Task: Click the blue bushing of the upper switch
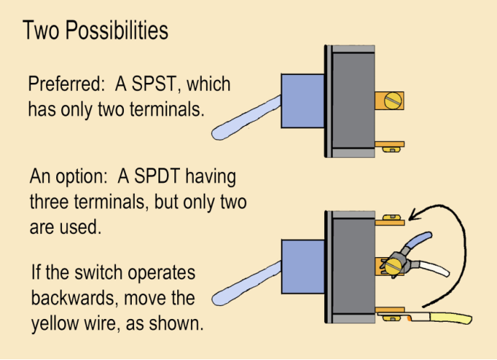coord(302,101)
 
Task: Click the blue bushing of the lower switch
coord(302,266)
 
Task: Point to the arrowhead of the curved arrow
coord(413,214)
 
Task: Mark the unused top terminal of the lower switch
coord(389,217)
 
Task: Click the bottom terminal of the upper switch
coord(389,145)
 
